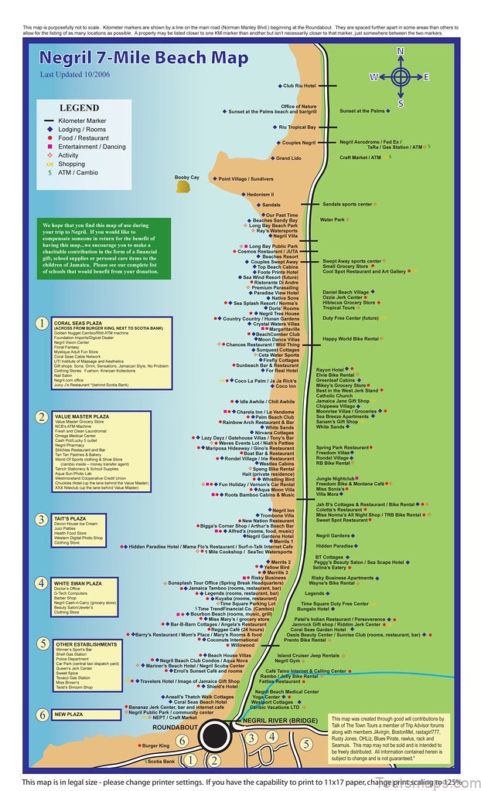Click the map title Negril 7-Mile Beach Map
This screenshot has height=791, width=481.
pos(145,59)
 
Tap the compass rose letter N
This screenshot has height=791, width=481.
pos(400,52)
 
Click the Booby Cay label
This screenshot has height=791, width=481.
pos(186,178)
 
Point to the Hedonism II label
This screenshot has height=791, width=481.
pos(260,195)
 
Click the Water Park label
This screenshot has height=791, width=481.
pos(333,219)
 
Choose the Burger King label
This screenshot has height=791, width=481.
pos(155,745)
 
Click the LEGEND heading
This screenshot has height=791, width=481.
pos(80,108)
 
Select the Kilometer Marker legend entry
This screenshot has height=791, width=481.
pos(82,121)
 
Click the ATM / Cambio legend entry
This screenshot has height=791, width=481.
pos(75,172)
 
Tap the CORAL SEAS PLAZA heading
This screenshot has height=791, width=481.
pos(78,323)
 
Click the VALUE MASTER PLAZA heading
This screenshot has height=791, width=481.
pos(80,416)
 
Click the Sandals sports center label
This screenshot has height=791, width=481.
pos(348,205)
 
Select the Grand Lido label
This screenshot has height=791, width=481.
pos(288,158)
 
